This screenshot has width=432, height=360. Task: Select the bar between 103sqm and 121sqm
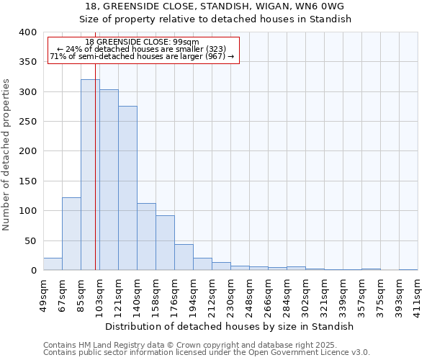[109, 180]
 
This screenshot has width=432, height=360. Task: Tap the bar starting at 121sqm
[127, 188]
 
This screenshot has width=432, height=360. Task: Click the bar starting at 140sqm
[146, 237]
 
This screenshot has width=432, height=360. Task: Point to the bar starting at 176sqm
[184, 257]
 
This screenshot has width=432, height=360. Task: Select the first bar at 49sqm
[53, 264]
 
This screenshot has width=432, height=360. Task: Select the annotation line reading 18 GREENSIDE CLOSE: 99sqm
[142, 42]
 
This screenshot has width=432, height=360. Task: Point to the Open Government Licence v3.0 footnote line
[206, 353]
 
